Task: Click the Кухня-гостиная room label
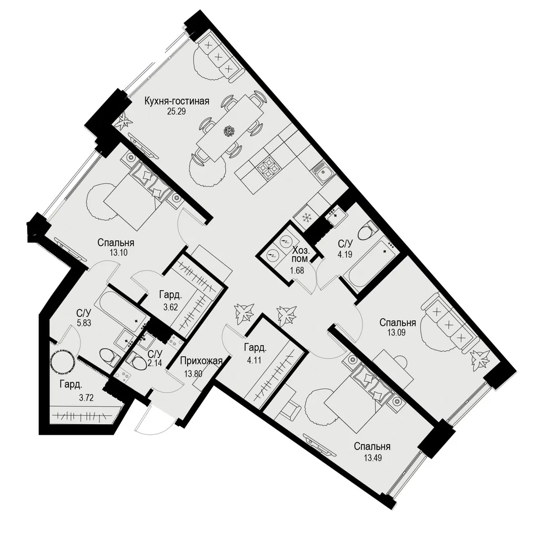(177, 101)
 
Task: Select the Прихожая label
(201, 362)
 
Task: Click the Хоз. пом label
(300, 254)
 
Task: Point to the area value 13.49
(373, 458)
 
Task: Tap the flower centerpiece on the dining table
(229, 131)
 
